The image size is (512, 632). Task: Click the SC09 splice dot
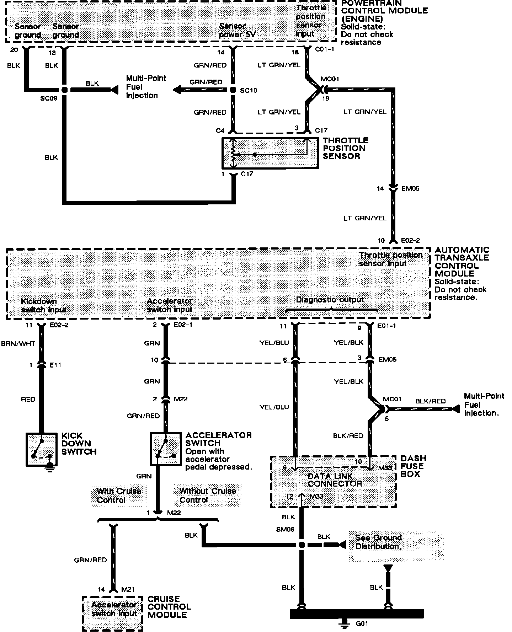(x=64, y=90)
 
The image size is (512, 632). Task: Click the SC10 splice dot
(x=233, y=90)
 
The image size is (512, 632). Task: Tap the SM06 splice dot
(x=302, y=545)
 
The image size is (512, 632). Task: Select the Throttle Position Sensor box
(x=270, y=153)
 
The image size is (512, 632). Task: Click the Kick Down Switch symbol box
(x=41, y=449)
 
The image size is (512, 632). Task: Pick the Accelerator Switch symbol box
(x=165, y=449)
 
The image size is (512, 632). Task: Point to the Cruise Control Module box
(x=113, y=613)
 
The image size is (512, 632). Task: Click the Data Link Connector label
(x=334, y=480)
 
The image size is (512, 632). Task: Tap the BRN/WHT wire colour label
(x=18, y=343)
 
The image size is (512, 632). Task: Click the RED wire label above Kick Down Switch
(x=28, y=400)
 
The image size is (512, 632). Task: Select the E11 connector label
(x=55, y=365)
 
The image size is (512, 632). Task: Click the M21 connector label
(x=128, y=589)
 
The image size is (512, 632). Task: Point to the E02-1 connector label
(x=183, y=325)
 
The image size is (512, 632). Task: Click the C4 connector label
(x=220, y=131)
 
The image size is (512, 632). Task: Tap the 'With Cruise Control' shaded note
(x=119, y=496)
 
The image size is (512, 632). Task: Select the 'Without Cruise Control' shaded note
(x=207, y=495)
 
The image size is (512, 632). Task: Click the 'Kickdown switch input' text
(x=44, y=305)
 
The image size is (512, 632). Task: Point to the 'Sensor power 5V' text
(x=237, y=30)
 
